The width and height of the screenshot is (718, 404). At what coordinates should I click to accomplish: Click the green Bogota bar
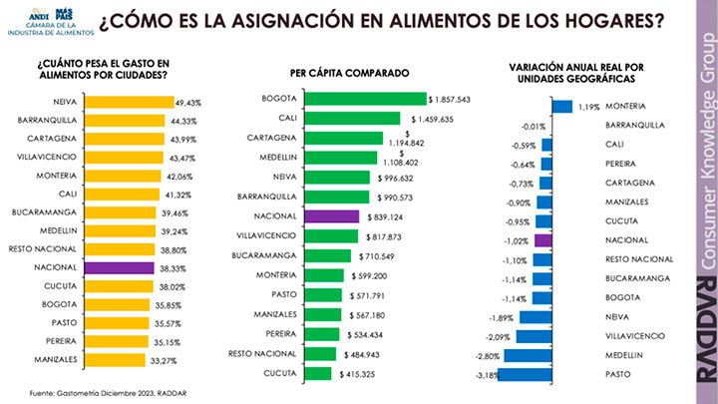pyautogui.click(x=365, y=100)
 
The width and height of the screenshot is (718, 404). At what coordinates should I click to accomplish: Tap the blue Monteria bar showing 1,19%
pyautogui.click(x=561, y=107)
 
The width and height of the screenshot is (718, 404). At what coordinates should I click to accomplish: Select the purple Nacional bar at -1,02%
pyautogui.click(x=543, y=240)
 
